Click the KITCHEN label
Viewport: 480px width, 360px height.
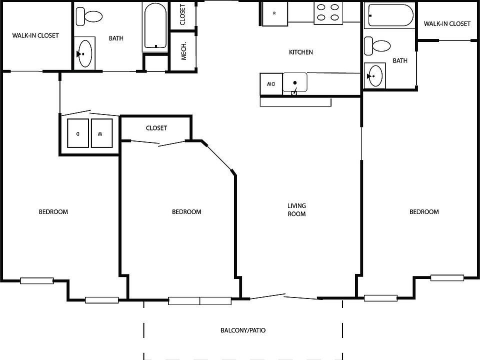point(301,52)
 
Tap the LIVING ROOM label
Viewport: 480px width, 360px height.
point(296,209)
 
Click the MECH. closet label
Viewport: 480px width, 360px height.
point(183,51)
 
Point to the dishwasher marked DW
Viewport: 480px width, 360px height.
point(270,83)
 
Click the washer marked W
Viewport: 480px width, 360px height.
point(101,133)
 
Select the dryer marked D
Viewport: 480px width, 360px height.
point(77,133)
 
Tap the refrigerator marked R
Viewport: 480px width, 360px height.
point(274,14)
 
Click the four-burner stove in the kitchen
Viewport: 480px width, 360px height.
point(326,12)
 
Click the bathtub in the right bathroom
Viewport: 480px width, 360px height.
point(390,15)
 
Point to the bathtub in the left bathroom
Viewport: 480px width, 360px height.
point(155,26)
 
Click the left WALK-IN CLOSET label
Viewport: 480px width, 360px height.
point(35,35)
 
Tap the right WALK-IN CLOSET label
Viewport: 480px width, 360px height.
point(447,23)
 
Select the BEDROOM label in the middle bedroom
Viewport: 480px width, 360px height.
point(186,211)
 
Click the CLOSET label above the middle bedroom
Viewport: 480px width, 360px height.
point(156,128)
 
